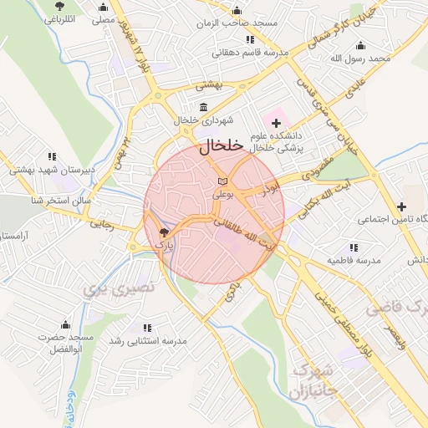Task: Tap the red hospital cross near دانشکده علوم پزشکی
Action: (x=277, y=123)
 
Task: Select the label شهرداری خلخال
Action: (x=198, y=120)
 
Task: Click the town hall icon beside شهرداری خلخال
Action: (x=205, y=106)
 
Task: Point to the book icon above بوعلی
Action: (x=222, y=181)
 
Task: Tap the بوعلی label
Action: (x=223, y=193)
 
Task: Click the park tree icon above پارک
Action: (x=164, y=233)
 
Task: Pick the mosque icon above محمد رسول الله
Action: (x=360, y=45)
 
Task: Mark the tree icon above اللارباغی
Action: (x=57, y=7)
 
